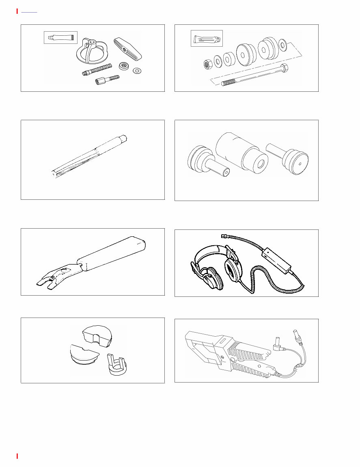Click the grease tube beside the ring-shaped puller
60,38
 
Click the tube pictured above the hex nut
207,39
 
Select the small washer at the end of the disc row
283,43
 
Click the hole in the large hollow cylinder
260,165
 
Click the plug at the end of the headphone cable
224,236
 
